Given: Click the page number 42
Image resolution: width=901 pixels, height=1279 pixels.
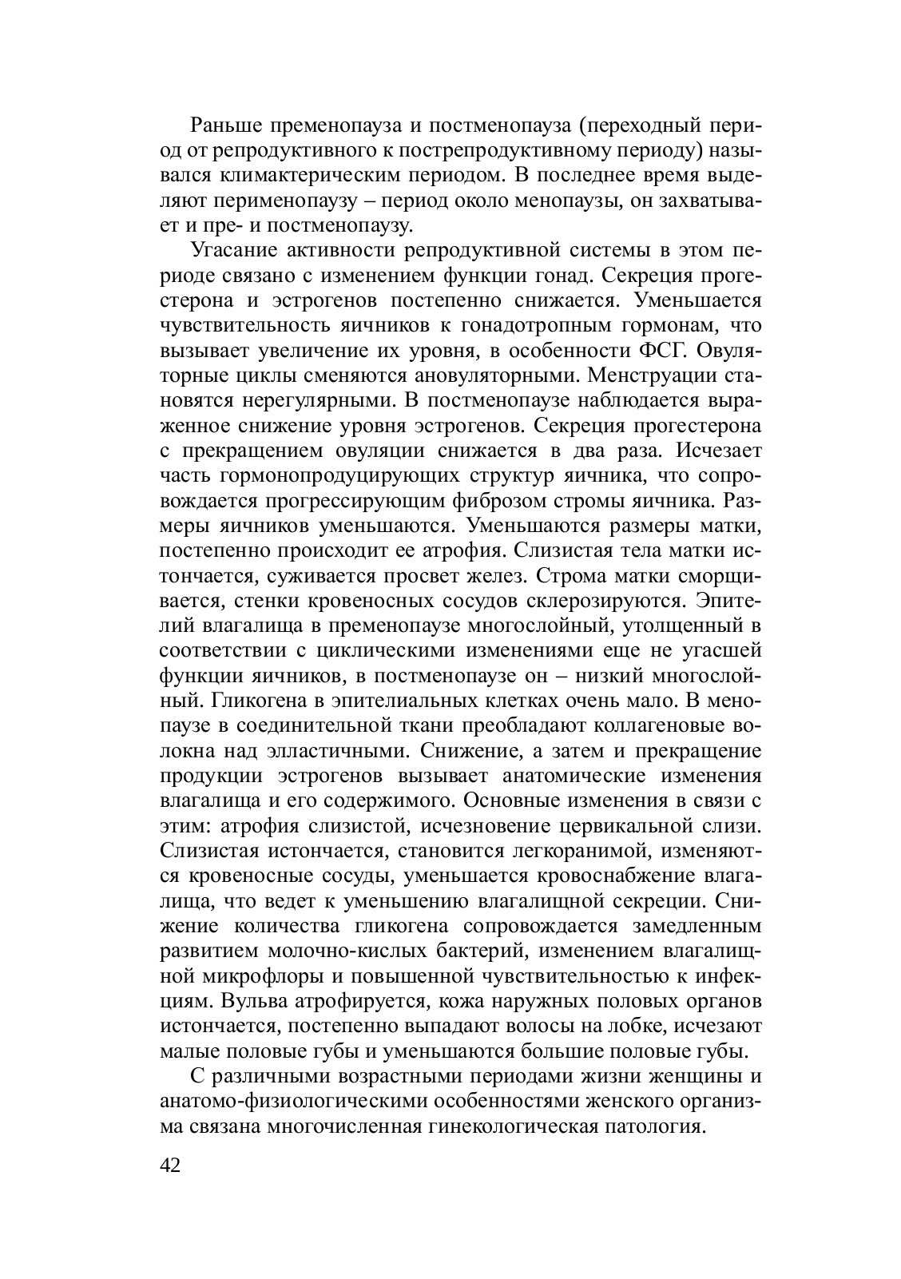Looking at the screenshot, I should point(171,1165).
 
